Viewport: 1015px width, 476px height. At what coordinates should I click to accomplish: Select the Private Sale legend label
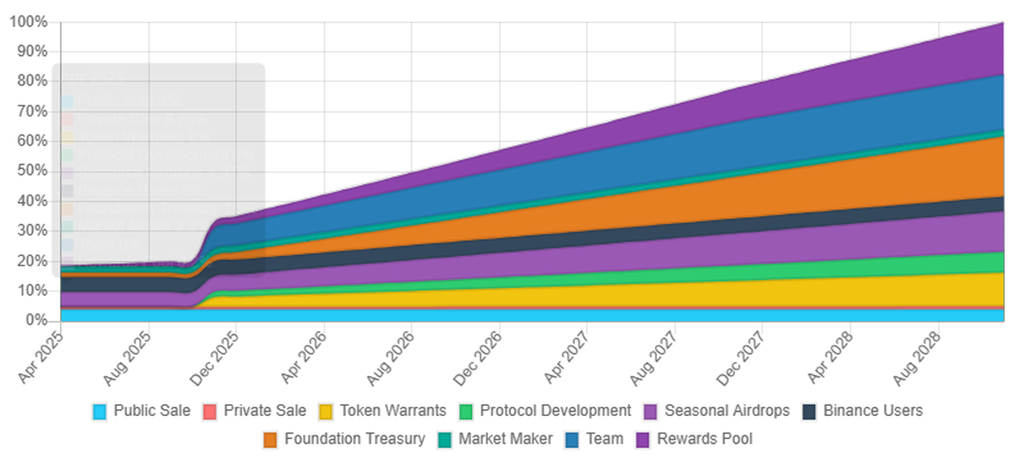click(265, 411)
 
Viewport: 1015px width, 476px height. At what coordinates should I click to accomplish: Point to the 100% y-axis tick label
click(28, 22)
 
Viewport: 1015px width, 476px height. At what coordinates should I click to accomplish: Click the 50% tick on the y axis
click(31, 171)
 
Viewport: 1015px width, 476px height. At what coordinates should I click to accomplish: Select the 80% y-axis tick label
click(31, 81)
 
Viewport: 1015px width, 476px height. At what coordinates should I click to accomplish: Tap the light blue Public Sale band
click(507, 315)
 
